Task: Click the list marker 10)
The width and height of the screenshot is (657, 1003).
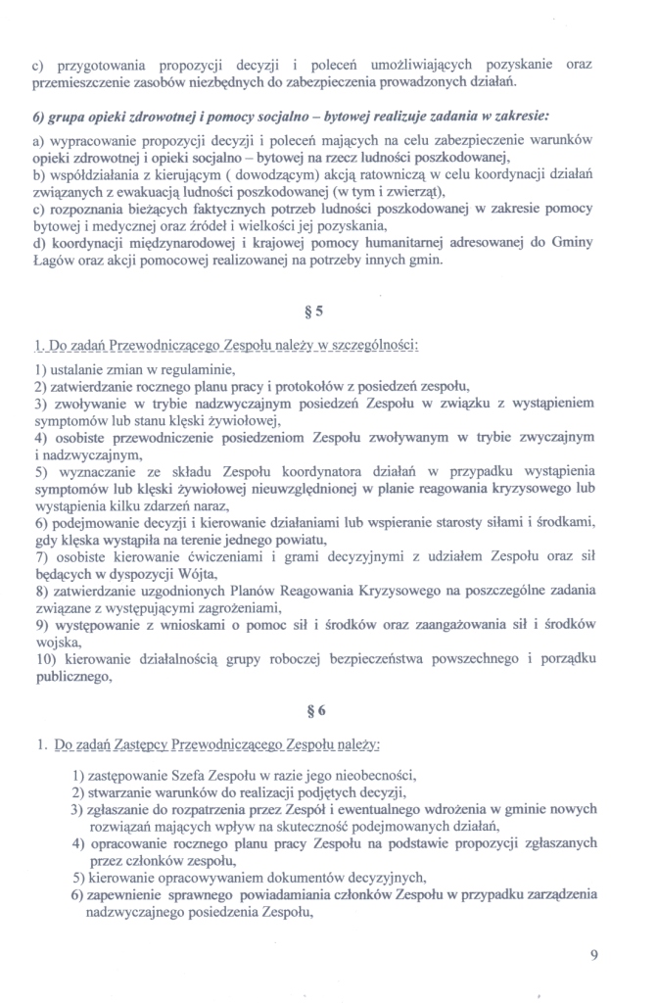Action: coord(45,652)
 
